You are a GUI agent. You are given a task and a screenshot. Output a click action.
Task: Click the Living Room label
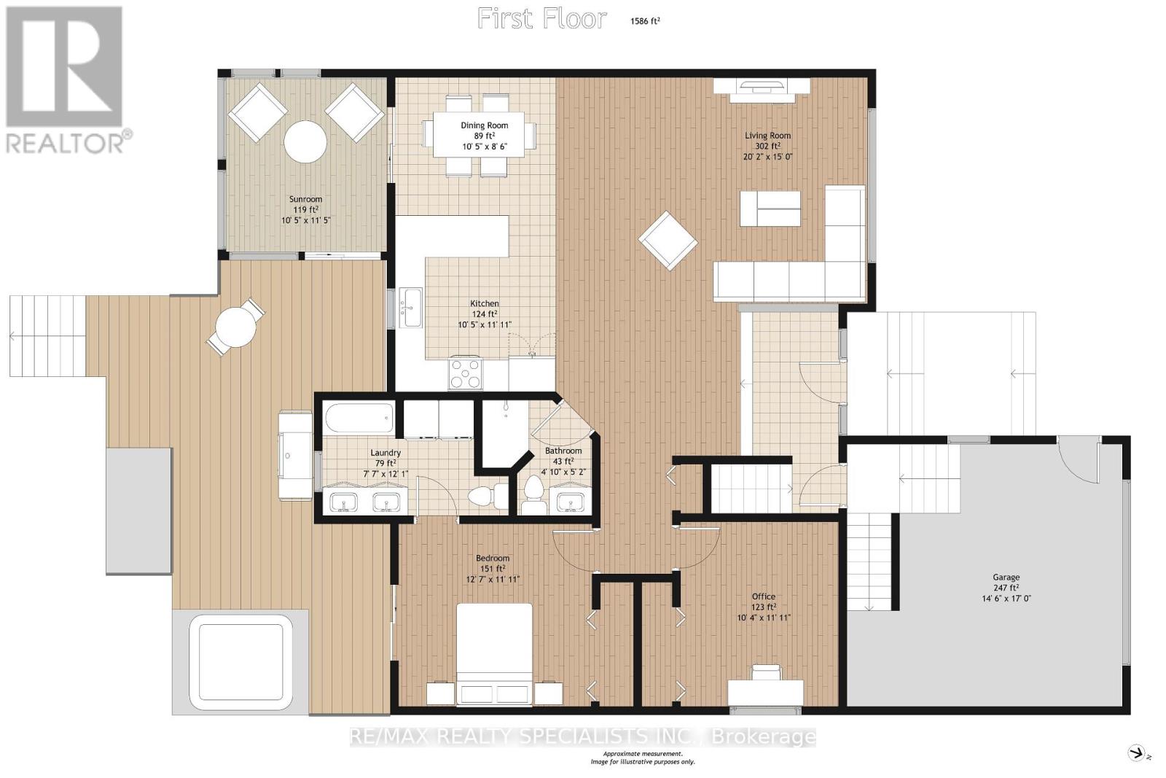coord(767,136)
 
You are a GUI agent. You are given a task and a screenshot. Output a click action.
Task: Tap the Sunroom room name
coord(305,199)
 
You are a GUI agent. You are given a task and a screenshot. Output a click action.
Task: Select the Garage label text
coord(1006,577)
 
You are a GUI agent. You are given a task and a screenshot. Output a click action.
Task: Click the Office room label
coord(764,596)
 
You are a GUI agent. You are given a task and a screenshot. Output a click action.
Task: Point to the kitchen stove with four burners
coord(466,373)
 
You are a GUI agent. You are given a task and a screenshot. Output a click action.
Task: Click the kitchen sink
coord(411,308)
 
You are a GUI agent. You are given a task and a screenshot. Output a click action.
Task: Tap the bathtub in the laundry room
coord(359,418)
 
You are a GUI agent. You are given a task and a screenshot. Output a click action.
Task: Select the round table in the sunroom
coord(305,141)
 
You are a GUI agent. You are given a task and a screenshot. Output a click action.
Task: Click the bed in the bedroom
coord(495,655)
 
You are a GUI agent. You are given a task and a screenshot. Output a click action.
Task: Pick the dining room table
coord(485,134)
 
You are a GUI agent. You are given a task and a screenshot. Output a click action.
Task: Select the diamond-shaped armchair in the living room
coord(668,240)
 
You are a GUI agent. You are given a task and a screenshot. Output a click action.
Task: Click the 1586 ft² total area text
coord(645,21)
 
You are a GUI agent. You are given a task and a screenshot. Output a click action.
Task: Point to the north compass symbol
coord(1138,753)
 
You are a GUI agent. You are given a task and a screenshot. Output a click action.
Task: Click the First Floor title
coord(542,19)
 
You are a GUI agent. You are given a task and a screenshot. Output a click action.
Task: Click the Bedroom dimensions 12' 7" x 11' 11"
coord(493,579)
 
